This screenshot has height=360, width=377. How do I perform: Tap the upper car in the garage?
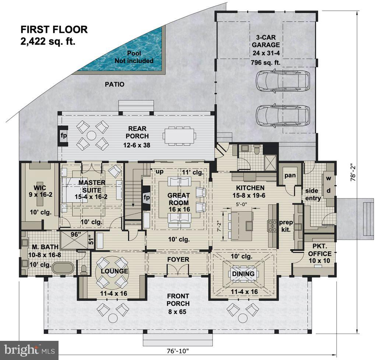(283, 80)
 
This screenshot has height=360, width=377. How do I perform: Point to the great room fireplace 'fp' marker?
(146, 198)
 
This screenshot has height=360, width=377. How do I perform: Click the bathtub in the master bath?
(63, 268)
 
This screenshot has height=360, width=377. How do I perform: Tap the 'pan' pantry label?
(290, 175)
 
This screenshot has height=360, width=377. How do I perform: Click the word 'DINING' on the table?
(243, 274)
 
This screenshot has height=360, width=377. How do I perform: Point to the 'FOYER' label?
(178, 259)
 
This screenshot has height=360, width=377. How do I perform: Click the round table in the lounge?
(112, 272)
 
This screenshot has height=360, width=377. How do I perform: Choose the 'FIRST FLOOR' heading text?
(54, 29)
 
